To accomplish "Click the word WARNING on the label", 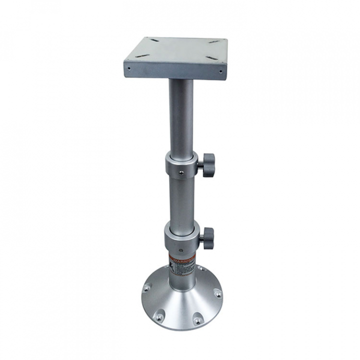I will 182,258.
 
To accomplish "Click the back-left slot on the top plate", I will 154,40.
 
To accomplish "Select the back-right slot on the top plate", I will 215,41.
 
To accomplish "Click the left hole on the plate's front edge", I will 129,69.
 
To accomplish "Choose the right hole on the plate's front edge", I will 220,71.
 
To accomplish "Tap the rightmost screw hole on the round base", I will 217,294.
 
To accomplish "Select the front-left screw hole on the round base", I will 160,316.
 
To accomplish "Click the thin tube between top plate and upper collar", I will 180,115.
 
